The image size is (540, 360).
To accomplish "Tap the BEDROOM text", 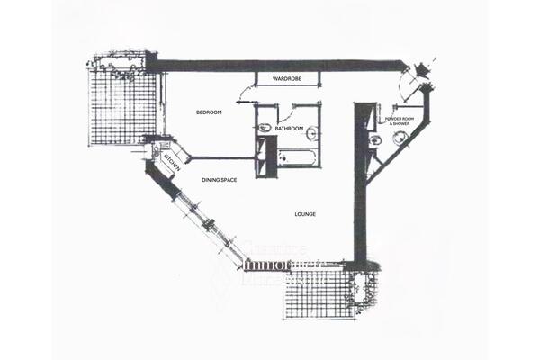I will pos(210,112).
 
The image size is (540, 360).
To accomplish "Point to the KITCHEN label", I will pos(171,163).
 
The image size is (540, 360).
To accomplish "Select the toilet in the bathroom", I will pos(265,129).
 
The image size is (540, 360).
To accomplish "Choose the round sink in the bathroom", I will pos(310,136).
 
